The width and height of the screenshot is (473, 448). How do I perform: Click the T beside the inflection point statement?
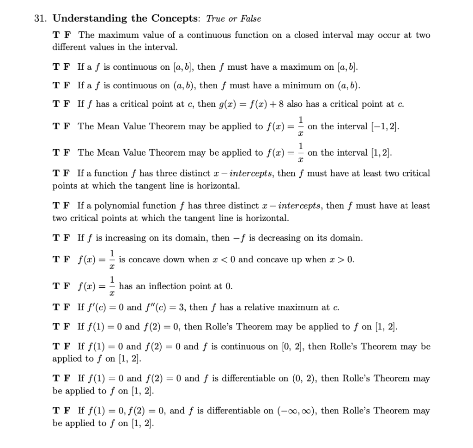56,286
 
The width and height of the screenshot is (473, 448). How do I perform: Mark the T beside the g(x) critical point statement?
56,104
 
